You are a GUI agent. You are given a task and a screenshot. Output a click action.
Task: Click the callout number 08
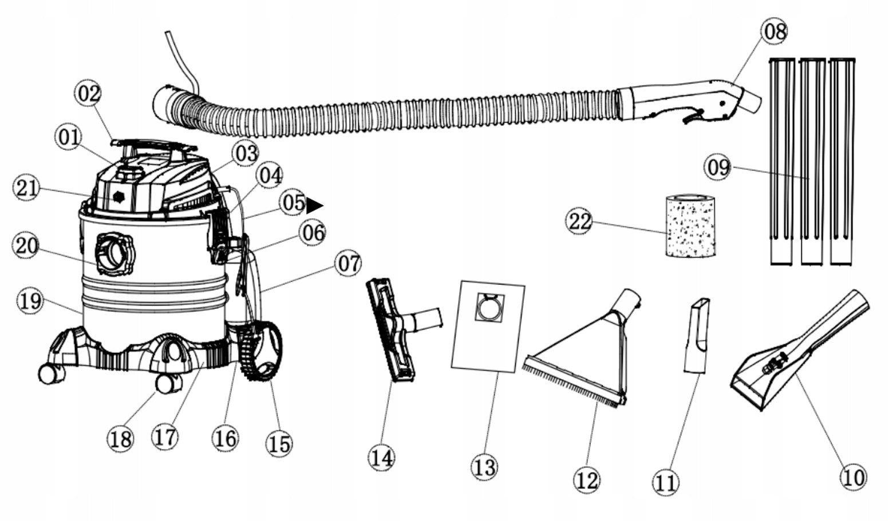coord(775,31)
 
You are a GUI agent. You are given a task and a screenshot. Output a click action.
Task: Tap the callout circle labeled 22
coord(580,221)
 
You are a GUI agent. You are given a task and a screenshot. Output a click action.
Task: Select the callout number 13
coord(484,467)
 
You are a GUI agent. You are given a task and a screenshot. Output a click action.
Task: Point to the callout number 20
coord(26,246)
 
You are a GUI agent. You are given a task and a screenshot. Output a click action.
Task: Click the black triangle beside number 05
coord(314,205)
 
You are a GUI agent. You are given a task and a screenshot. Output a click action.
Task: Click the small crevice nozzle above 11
coord(697,335)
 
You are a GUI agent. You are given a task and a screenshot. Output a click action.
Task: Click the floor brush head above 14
coord(391,329)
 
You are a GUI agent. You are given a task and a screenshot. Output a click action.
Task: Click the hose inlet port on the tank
coord(114,252)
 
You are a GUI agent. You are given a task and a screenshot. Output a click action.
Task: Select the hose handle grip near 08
coord(687,100)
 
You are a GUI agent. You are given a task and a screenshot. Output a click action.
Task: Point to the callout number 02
coord(89,94)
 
